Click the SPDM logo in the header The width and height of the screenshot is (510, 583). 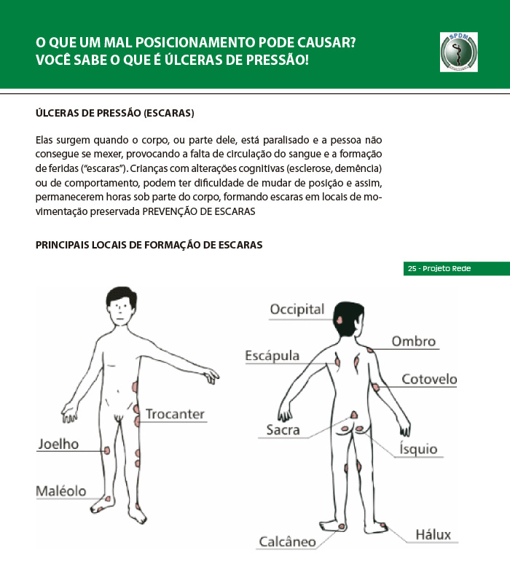[x=459, y=52]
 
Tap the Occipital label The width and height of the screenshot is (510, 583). [x=297, y=310]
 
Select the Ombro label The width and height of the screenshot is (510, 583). [x=413, y=341]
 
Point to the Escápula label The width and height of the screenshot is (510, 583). [x=272, y=356]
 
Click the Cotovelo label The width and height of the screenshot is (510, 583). [x=429, y=379]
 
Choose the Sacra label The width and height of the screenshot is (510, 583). [x=283, y=430]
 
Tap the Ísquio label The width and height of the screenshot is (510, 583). [x=418, y=449]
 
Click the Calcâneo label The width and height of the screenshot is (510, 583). [x=288, y=541]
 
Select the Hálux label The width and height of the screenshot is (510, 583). [x=433, y=534]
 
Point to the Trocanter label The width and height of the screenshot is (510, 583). [x=175, y=414]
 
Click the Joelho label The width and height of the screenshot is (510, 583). [x=58, y=444]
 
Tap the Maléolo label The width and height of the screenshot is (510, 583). [x=61, y=491]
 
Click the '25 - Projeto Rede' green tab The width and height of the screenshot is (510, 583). [x=456, y=269]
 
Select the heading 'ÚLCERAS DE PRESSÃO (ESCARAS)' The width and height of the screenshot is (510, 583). [x=114, y=114]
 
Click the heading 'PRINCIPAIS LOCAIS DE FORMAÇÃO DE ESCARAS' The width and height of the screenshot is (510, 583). [x=149, y=245]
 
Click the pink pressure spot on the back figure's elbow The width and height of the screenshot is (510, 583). [x=374, y=387]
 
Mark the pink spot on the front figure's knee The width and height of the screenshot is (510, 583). [x=108, y=450]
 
